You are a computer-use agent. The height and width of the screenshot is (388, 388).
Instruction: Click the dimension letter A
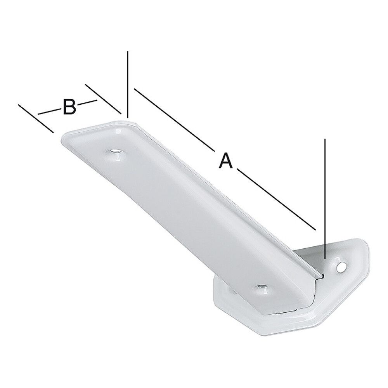tap(225, 161)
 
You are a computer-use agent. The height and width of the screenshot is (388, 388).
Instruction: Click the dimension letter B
tap(69, 107)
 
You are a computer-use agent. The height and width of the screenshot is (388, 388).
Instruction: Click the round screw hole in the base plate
tap(341, 267)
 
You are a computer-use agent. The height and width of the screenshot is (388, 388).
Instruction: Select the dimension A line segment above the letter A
tap(173, 119)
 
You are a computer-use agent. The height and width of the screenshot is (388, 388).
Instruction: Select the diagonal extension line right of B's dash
tap(103, 99)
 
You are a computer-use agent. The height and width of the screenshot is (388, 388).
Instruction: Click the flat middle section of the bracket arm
tap(186, 202)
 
